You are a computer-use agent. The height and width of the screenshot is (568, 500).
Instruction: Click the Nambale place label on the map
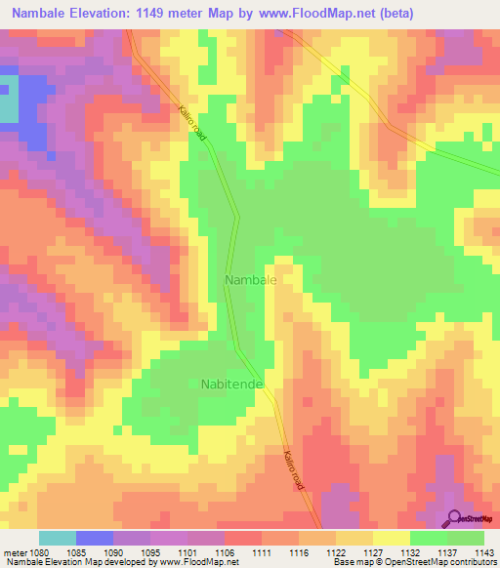pyautogui.click(x=251, y=280)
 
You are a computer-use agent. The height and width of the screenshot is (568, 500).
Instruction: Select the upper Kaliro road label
pyautogui.click(x=192, y=124)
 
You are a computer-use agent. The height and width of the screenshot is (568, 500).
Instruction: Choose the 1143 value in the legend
pyautogui.click(x=483, y=551)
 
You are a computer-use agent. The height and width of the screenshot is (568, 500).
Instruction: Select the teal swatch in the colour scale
pyautogui.click(x=58, y=538)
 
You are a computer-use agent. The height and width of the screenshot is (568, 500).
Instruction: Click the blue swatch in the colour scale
pyautogui.click(x=95, y=538)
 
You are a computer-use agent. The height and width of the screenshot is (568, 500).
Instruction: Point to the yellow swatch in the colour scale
pyautogui.click(x=391, y=538)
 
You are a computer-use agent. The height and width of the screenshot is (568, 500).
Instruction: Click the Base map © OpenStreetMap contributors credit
pyautogui.click(x=414, y=563)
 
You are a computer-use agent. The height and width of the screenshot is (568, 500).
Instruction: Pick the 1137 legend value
pyautogui.click(x=445, y=551)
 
